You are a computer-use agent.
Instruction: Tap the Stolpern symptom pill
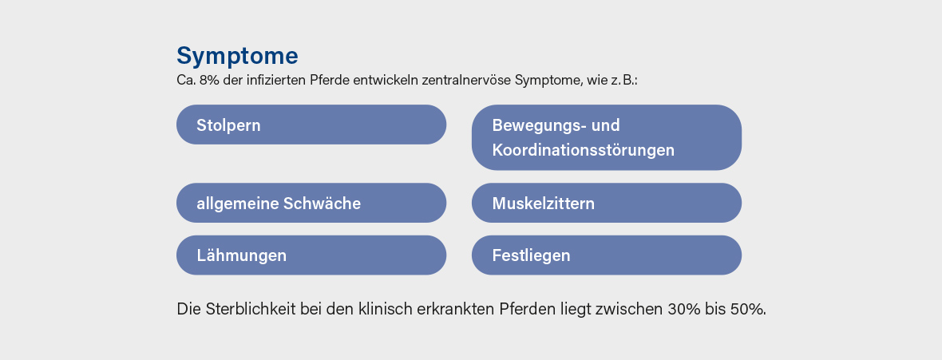pos(311,125)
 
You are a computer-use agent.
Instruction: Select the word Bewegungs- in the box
pos(539,125)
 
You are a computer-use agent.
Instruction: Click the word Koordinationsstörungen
pos(584,149)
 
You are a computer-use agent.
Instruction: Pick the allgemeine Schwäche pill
pos(311,203)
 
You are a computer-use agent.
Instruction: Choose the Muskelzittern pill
pos(606,203)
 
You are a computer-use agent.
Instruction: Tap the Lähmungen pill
pos(311,255)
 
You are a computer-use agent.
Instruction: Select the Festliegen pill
pos(606,255)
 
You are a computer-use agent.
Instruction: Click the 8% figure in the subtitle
pos(209,81)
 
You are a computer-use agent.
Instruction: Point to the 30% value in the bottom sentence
pos(681,309)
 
